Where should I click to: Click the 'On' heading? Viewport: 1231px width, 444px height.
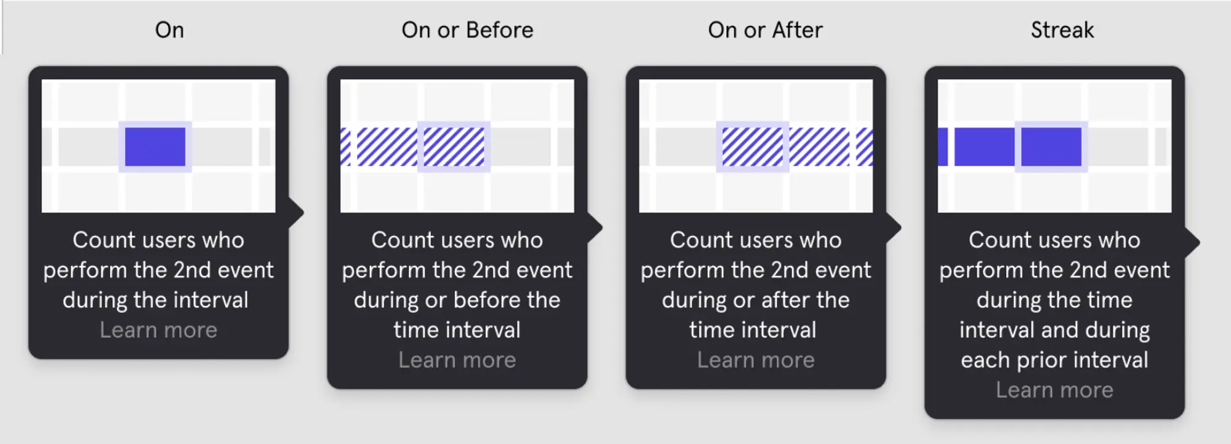tap(169, 30)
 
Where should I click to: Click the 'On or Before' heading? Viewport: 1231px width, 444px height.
tap(467, 30)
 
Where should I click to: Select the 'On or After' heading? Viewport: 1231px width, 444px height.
tap(765, 30)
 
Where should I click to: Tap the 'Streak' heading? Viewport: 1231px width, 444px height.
tap(1062, 30)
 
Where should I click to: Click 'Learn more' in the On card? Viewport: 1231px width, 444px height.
tap(158, 330)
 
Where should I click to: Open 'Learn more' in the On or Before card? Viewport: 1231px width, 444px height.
tap(457, 360)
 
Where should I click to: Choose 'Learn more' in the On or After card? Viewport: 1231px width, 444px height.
tap(755, 360)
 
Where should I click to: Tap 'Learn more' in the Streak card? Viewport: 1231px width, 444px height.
tap(1054, 390)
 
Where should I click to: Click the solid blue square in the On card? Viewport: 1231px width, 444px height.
tap(155, 147)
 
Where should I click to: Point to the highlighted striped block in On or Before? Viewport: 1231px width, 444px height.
tap(454, 147)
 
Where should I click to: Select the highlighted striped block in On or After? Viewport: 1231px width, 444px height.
tap(752, 147)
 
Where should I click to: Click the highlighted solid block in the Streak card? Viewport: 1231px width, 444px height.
tap(1051, 147)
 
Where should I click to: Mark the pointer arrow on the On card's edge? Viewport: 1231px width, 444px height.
tap(296, 212)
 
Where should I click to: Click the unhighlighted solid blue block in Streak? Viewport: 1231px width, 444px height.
tap(984, 147)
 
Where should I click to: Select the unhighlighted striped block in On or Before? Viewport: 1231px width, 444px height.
tap(387, 147)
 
